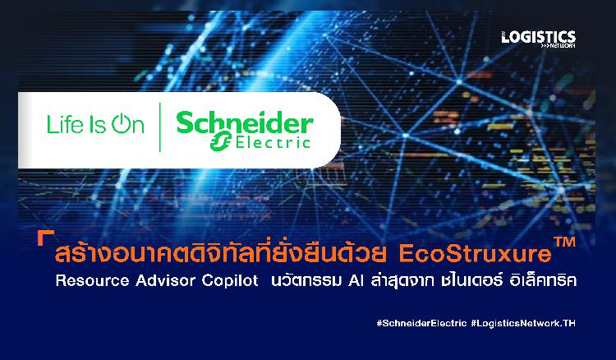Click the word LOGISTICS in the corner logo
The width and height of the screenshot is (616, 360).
coord(538,37)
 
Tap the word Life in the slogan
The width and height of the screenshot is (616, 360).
coord(65,125)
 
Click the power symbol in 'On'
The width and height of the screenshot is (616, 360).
coord(120,123)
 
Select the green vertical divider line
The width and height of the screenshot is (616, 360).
coord(160,127)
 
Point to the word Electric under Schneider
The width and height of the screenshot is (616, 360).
coord(273,142)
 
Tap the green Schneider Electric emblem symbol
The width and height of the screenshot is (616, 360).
coord(220,141)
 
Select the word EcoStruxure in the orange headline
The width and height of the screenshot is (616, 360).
coord(476,254)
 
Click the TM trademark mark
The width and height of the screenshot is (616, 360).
coord(564,242)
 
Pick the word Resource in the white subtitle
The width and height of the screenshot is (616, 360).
coord(92,280)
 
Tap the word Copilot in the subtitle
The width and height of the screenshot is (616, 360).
coord(230,280)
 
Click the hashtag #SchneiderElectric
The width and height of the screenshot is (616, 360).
coord(421,324)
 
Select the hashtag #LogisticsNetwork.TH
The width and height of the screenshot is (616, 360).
coord(523,324)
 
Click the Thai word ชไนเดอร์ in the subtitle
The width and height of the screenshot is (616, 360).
coord(471,279)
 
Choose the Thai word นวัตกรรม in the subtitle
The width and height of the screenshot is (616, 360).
coord(306,279)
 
